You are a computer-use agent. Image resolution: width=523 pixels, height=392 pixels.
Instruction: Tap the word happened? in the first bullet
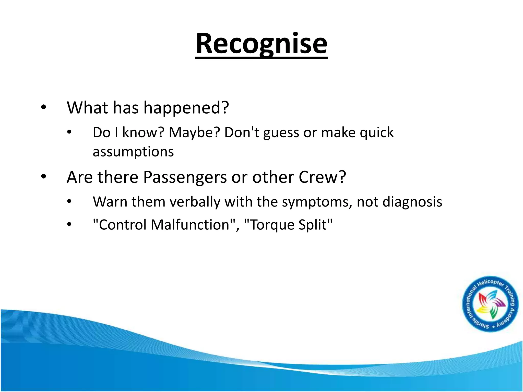(186, 108)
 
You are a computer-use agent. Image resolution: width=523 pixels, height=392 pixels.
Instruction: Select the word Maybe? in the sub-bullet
(194, 133)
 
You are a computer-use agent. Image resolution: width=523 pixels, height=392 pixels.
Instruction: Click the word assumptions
(133, 152)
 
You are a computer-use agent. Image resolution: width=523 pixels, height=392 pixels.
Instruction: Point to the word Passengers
(185, 177)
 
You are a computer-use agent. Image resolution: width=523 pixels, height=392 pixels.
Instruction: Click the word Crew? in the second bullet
(322, 177)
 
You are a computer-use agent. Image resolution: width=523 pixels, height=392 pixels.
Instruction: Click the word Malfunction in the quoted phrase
(190, 225)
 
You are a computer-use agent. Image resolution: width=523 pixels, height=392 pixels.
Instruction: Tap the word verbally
(195, 202)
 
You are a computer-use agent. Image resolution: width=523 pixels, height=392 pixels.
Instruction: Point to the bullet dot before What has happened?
(44, 108)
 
